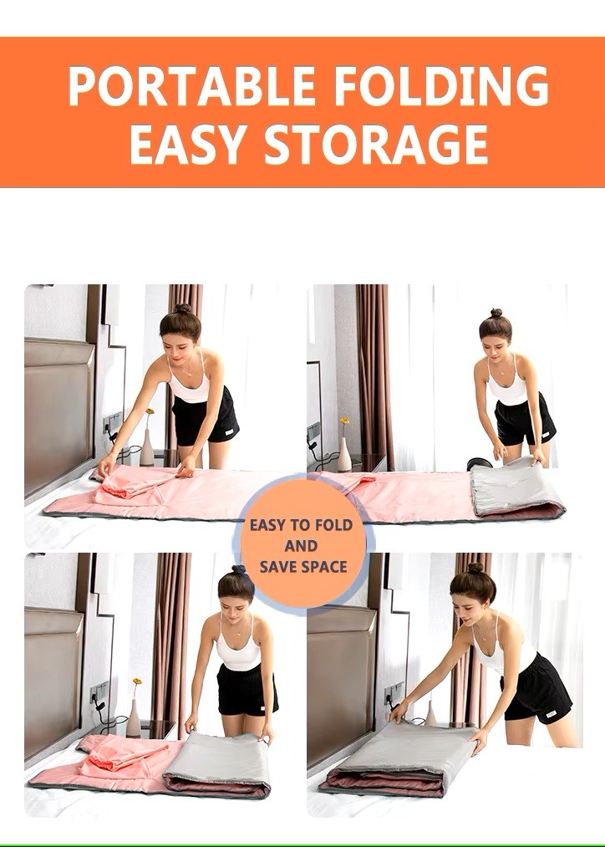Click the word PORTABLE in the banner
pos(192,86)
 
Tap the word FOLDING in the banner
pos(441,86)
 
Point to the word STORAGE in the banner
pos(376,144)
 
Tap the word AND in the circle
pos(301,546)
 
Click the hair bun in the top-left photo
pos(183,309)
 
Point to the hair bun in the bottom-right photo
pos(475,568)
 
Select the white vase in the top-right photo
pos(343,454)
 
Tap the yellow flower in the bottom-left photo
pos(137,681)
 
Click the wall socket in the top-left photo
pos(112,422)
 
